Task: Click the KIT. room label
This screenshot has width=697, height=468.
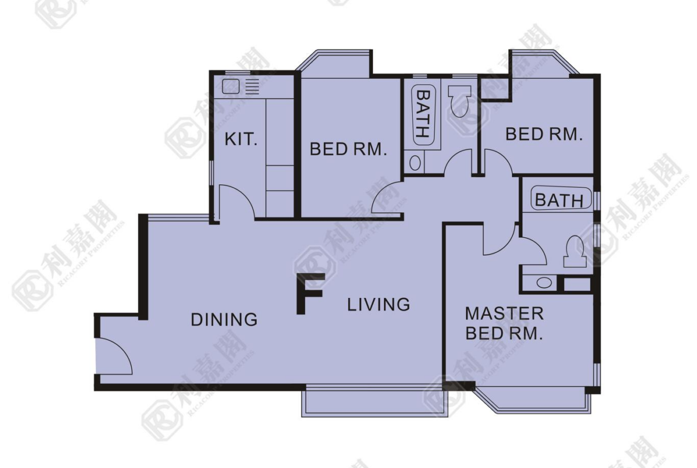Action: pos(241,140)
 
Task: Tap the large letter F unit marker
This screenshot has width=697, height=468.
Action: pos(310,293)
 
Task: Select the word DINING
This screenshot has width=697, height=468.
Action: pos(224,320)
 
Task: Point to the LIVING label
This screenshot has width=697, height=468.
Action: pos(378,304)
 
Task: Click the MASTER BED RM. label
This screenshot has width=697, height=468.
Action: pos(504,323)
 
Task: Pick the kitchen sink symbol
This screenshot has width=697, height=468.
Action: pos(231,86)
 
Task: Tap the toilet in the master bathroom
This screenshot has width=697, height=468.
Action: pos(574,252)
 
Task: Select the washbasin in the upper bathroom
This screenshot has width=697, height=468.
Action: pos(415,163)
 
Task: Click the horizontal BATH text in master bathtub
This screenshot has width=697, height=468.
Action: pos(559,200)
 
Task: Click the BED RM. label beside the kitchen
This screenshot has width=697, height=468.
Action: pos(348,149)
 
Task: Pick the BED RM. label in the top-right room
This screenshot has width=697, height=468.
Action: pos(544,134)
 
